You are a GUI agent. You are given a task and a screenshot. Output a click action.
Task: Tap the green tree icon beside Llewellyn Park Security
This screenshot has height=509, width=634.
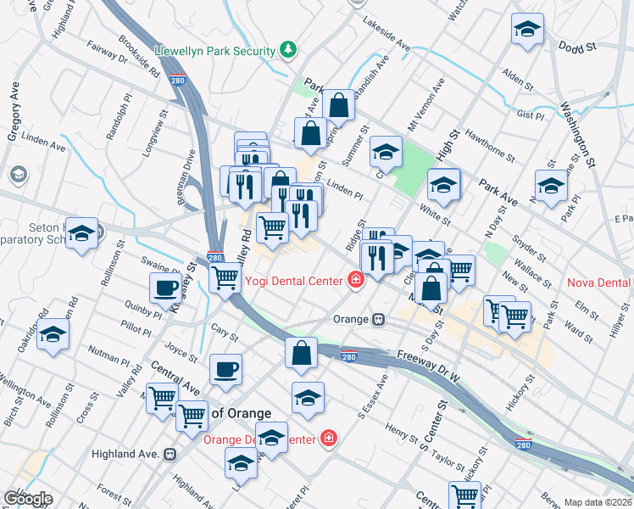pyautogui.click(x=290, y=50)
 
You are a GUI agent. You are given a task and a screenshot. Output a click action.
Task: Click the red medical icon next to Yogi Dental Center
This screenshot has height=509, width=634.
pyautogui.click(x=356, y=280)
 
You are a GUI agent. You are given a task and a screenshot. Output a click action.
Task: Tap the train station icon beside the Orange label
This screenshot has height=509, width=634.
pyautogui.click(x=379, y=320)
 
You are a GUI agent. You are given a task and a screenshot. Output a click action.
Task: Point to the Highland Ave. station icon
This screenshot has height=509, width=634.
pyautogui.click(x=170, y=455)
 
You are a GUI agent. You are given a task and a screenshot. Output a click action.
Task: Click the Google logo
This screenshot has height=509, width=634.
pyautogui.click(x=27, y=499)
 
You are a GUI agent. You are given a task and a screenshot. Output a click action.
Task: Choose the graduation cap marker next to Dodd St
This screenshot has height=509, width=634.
pyautogui.click(x=527, y=30)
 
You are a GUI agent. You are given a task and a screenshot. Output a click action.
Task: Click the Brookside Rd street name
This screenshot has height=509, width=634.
pyautogui.click(x=140, y=68)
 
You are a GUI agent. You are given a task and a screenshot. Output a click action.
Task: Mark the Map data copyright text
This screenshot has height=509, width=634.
pyautogui.click(x=598, y=502)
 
